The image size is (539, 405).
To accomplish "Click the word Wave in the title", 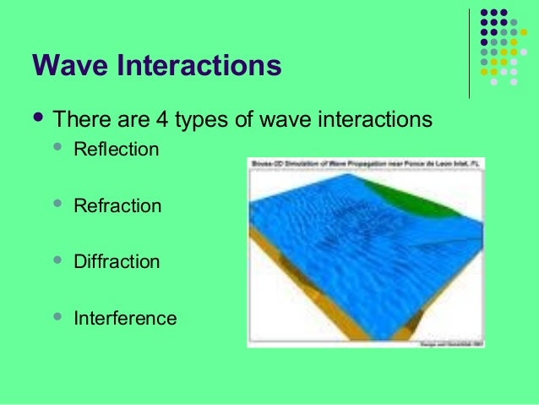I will click(x=69, y=65).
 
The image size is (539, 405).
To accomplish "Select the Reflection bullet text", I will click(x=116, y=151).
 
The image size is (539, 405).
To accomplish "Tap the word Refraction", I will click(x=117, y=205).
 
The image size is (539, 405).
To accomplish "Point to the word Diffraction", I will click(x=117, y=262).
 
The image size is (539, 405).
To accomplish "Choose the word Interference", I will click(x=125, y=319).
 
